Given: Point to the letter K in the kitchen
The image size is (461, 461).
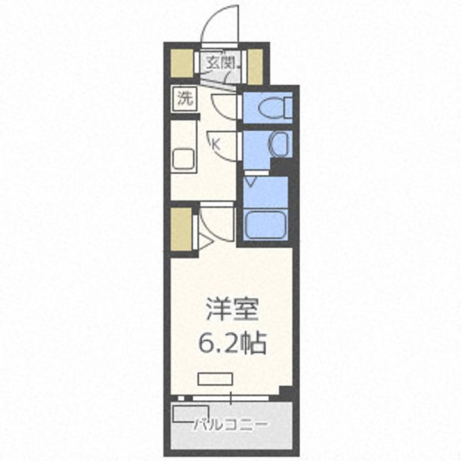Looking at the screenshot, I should (216, 144).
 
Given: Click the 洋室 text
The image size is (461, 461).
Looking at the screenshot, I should (232, 309).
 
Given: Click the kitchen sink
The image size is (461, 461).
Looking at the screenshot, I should (184, 158).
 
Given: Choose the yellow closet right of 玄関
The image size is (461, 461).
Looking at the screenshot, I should (255, 66).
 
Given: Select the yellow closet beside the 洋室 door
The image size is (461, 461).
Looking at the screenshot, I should (182, 228).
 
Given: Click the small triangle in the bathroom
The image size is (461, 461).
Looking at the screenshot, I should (250, 182).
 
